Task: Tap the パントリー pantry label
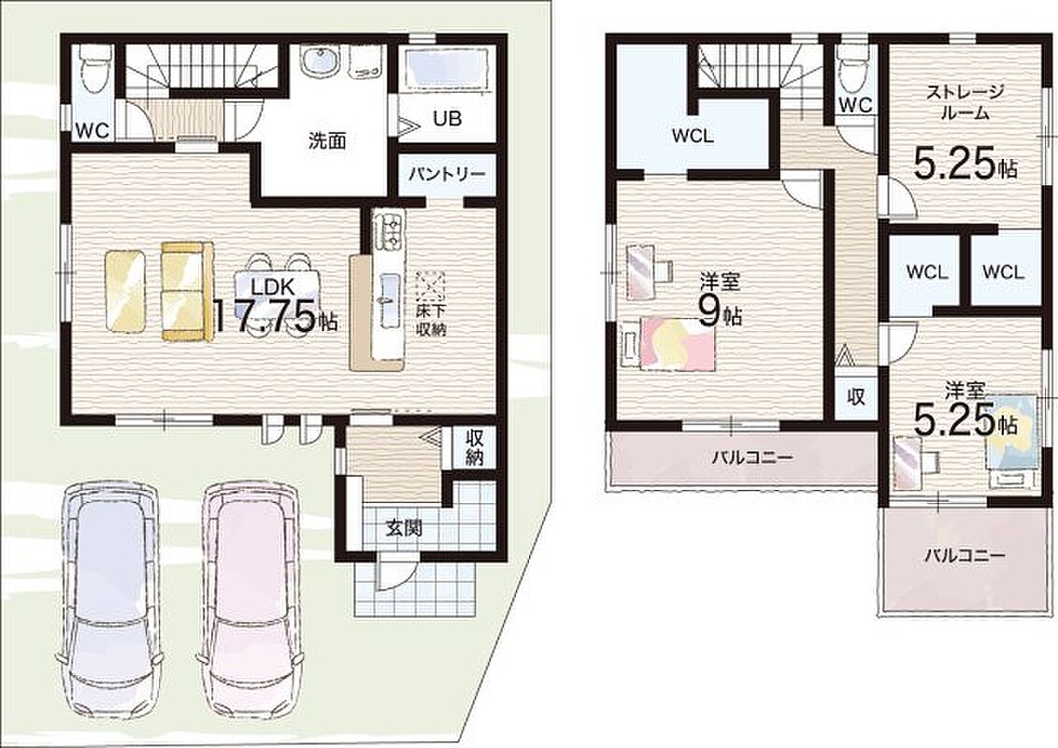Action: pos(447,174)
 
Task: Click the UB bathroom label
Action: pos(447,118)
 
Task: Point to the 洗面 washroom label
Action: pos(327,140)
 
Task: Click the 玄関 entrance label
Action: pos(404,528)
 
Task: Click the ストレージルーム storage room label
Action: pos(965,102)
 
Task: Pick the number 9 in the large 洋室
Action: pos(708,311)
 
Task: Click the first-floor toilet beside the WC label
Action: pos(91,68)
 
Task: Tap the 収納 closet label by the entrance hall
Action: pos(474,446)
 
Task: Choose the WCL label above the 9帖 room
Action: pos(693,136)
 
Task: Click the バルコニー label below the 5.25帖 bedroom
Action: pos(965,556)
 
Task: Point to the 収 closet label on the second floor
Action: pos(855,396)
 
